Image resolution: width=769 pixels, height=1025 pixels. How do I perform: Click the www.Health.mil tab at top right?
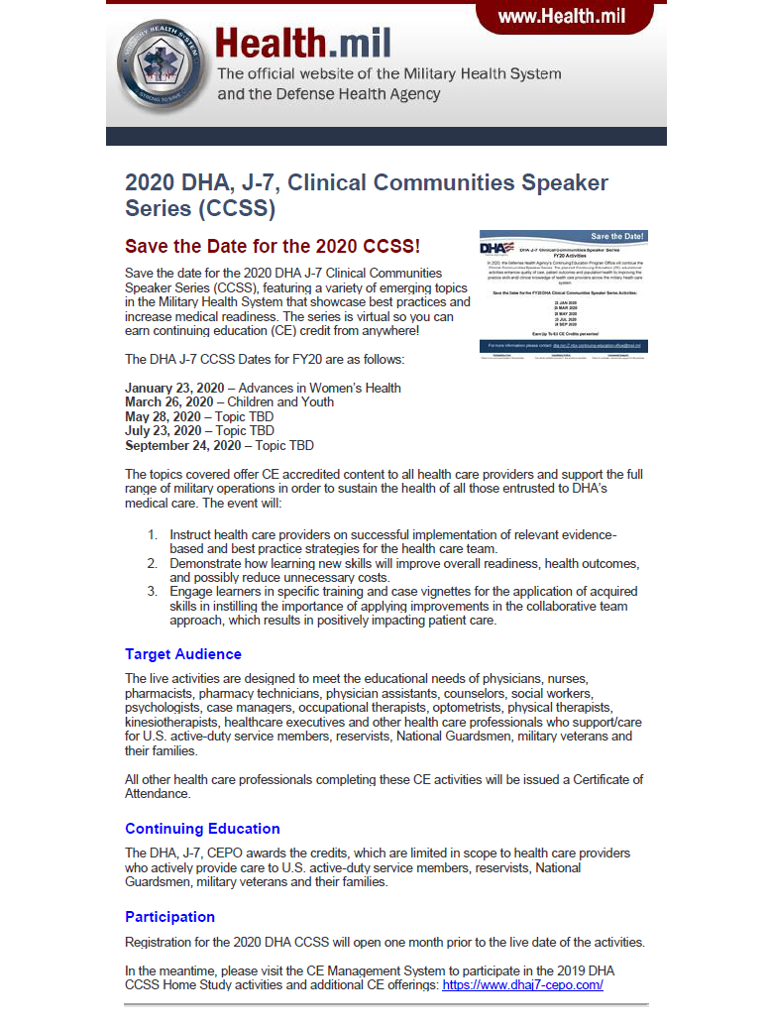pos(561,17)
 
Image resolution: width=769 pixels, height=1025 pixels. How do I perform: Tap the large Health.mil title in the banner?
pos(303,44)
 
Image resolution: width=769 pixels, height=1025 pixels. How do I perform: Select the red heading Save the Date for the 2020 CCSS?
pos(273,246)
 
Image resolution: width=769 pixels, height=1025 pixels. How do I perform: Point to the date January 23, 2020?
pos(168,388)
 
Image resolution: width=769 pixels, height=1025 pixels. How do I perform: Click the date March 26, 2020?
pos(168,402)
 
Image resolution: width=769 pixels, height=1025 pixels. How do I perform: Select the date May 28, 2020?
pos(163,416)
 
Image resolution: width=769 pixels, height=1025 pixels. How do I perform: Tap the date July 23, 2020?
pos(163,431)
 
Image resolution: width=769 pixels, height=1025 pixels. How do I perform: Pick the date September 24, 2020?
pos(182,446)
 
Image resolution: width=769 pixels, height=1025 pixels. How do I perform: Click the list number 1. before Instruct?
pos(153,534)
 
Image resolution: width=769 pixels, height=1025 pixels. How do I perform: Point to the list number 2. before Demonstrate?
pos(153,563)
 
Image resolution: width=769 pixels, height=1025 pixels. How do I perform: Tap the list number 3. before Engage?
pos(153,592)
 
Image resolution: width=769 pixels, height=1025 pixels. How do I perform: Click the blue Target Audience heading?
pos(183,654)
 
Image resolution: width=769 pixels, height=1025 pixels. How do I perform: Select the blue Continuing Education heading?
pos(202,829)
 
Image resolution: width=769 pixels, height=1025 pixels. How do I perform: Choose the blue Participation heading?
pos(169,917)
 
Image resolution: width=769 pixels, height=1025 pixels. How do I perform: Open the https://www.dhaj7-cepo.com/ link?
pos(522,985)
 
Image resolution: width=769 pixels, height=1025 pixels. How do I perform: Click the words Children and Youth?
pos(280,402)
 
